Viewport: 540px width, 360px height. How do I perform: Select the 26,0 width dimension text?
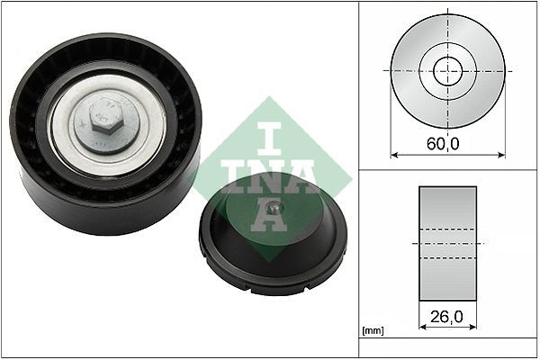447,318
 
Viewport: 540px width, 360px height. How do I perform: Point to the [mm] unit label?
372,332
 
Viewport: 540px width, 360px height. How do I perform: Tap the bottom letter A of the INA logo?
269,215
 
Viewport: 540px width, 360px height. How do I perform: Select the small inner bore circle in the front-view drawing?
447,69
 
